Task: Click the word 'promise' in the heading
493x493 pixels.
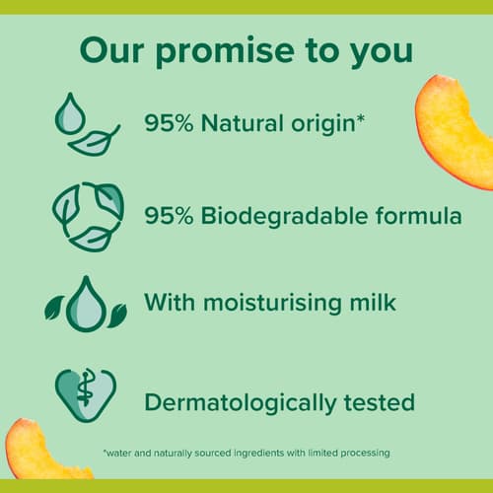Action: (225, 52)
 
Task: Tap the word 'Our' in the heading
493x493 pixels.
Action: (111, 50)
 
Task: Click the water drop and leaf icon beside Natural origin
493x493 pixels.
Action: (88, 124)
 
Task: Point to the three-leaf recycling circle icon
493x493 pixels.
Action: (88, 217)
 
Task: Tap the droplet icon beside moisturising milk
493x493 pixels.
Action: (86, 304)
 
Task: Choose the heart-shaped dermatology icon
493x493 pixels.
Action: (86, 395)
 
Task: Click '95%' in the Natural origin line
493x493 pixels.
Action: (169, 123)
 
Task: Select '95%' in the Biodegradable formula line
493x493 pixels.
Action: (169, 216)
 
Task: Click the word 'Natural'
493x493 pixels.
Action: (243, 123)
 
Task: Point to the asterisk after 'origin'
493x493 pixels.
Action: (361, 118)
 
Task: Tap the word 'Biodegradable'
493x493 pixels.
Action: (284, 217)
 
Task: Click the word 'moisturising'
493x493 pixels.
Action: (272, 304)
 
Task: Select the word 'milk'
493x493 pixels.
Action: (373, 301)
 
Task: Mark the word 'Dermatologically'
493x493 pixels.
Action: (241, 404)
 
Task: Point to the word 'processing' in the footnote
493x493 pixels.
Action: (365, 454)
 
